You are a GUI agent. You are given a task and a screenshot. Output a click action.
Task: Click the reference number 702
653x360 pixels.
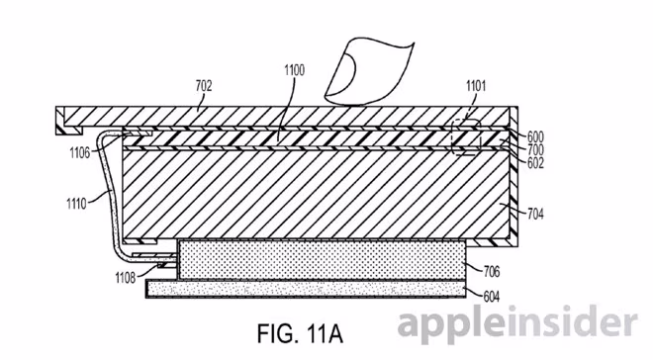(x=204, y=86)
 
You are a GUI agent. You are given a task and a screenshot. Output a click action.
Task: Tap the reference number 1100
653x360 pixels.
(x=295, y=70)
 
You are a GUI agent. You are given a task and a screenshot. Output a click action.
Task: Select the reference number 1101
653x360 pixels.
(x=476, y=86)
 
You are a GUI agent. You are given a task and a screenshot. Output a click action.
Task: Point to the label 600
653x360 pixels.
(x=535, y=136)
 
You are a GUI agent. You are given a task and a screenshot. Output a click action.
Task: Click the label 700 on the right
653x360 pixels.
(x=535, y=149)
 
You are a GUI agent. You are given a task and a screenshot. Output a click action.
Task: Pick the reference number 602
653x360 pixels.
(x=535, y=163)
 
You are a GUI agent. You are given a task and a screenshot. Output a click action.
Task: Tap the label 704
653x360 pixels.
(x=535, y=214)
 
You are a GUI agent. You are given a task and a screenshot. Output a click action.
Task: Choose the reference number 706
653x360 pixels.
(x=492, y=271)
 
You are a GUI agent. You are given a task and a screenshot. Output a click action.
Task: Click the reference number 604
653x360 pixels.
(x=492, y=297)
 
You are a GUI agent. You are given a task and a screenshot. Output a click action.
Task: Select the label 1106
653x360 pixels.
(x=79, y=152)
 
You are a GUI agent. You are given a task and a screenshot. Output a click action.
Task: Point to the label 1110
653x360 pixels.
(x=76, y=204)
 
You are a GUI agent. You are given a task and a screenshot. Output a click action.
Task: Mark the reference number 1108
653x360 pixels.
(x=126, y=277)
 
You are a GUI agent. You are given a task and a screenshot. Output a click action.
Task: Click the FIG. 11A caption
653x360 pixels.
(x=300, y=333)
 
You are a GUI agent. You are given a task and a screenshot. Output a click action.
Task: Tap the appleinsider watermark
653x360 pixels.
(x=517, y=321)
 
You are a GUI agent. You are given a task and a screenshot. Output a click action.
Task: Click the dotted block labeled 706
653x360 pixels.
(x=322, y=260)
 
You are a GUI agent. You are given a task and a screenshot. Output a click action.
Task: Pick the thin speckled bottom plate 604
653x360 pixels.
(x=306, y=289)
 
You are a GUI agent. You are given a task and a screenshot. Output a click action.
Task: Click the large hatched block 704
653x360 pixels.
(x=316, y=195)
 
